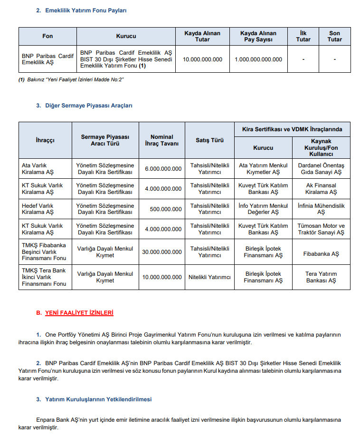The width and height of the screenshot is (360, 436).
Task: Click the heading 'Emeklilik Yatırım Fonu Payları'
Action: pos(85,10)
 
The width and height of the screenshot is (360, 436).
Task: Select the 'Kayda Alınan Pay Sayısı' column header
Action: pos(258,36)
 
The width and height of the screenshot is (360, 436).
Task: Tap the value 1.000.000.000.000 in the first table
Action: pos(258,59)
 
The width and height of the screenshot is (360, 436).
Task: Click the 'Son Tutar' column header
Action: pos(334,36)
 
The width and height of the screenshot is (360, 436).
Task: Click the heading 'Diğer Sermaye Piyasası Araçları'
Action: pos(88,106)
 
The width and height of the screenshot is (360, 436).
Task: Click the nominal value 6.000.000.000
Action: pos(163,169)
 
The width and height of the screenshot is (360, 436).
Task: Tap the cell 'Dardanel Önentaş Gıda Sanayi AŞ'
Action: pos(321,169)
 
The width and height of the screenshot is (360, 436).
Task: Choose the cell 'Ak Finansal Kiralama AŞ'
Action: pos(321,189)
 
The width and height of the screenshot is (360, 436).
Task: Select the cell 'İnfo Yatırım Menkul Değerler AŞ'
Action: pos(263,209)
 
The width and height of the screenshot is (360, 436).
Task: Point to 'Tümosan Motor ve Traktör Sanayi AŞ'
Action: pos(321,229)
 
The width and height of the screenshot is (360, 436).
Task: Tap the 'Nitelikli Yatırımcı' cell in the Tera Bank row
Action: pos(209,277)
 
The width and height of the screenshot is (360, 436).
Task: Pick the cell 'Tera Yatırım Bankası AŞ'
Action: pos(321,277)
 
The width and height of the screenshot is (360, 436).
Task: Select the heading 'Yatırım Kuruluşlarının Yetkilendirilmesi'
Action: pos(98,399)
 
